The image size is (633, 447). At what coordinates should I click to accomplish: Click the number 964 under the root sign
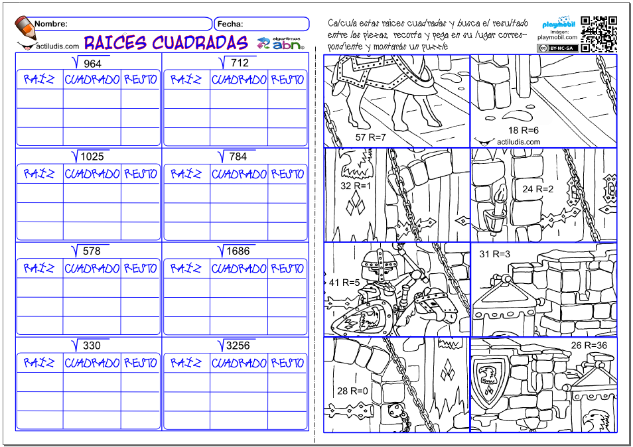pos(92,64)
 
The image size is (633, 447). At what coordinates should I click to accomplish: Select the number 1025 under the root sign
pos(92,157)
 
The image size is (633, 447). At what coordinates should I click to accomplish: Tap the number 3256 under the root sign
pos(238,346)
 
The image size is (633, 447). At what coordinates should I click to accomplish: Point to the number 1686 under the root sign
pos(238,251)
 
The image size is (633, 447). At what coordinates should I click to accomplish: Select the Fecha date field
pos(261,24)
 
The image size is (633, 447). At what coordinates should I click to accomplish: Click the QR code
pos(598,34)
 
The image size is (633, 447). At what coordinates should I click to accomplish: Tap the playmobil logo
pos(558,23)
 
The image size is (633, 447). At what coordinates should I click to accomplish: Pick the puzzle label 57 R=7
pos(370,137)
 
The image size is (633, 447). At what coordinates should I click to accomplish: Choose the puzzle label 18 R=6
pos(524,130)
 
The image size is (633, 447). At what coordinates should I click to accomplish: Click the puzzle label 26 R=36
pos(589,346)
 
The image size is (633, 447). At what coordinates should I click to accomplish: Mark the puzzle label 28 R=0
pos(352,391)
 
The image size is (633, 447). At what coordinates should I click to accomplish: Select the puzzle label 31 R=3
pos(494,254)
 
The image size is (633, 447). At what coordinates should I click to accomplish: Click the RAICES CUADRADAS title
pos(166,42)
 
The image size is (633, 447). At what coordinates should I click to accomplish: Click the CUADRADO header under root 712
pos(239,80)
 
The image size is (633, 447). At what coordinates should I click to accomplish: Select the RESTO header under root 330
pos(140,363)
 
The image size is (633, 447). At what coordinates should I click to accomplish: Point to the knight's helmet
pos(378,263)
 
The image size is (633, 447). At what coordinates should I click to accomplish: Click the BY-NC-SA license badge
pos(557,48)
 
